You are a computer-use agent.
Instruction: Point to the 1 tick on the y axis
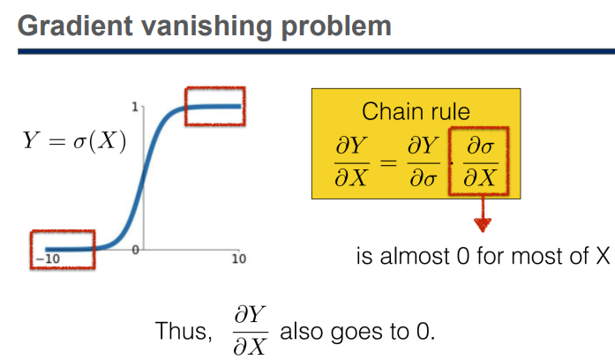[135, 107]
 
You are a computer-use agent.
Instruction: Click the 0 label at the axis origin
[136, 251]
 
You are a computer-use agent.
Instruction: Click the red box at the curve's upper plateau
[214, 106]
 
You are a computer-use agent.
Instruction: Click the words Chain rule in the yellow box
[416, 113]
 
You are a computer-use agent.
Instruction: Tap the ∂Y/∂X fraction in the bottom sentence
[249, 331]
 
